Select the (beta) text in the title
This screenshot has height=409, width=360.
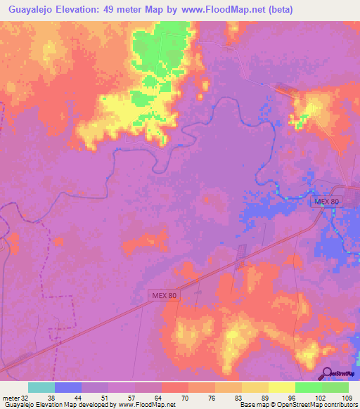click(x=276, y=10)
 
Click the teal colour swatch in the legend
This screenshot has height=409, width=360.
click(x=41, y=387)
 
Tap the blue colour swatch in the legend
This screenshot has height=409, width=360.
click(x=68, y=387)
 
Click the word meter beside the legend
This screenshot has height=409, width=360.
click(x=9, y=397)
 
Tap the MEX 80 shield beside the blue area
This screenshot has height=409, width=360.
click(x=326, y=201)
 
